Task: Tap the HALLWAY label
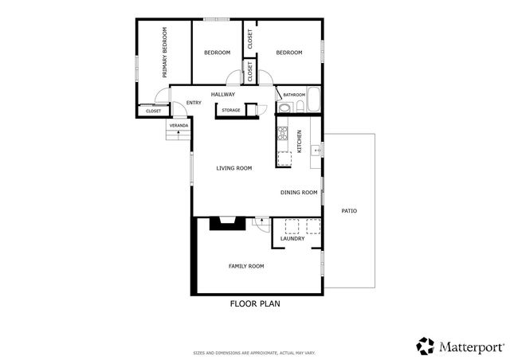pos(223,95)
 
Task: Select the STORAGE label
pos(231,110)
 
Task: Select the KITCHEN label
pos(300,141)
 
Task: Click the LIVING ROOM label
pos(234,168)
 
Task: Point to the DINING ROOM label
pos(299,193)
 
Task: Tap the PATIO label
pos(349,211)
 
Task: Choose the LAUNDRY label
pos(292,238)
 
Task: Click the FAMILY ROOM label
pos(246,266)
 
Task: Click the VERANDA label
pos(178,126)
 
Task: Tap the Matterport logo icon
pos(426,346)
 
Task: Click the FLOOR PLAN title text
pos(255,303)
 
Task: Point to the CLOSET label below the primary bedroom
pos(153,111)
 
